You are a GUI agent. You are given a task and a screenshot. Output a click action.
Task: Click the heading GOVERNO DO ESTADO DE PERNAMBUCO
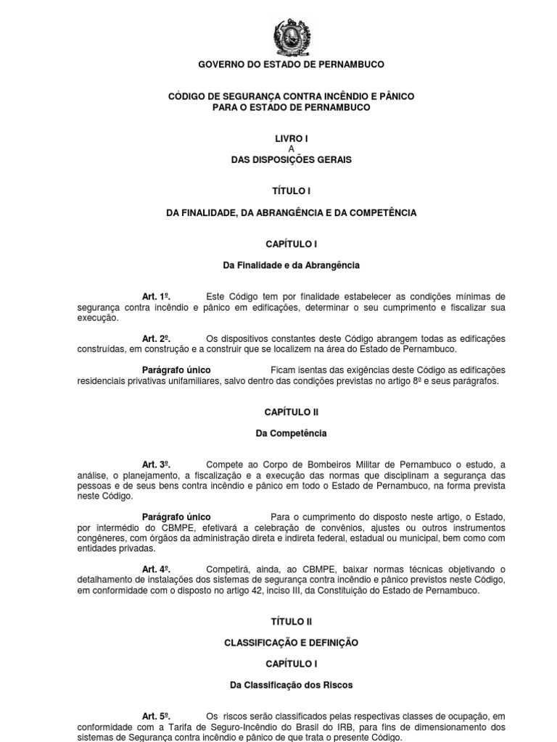(292, 64)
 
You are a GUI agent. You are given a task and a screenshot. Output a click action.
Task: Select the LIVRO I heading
(291, 138)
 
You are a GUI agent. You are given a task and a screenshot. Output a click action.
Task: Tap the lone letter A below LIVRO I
(291, 149)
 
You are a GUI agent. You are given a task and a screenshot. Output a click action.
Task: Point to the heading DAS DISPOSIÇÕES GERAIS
(291, 159)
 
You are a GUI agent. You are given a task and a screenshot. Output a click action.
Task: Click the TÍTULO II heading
(291, 621)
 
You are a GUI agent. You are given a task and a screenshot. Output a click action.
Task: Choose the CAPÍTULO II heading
(291, 412)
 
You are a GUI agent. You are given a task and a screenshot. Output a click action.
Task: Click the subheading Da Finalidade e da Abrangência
(291, 265)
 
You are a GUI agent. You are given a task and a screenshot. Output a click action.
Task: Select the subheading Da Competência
(291, 433)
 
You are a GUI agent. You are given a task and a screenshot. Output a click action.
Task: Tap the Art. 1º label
(155, 296)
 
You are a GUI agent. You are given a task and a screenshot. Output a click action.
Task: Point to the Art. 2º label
(155, 338)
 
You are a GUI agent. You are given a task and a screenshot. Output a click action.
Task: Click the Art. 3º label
(155, 464)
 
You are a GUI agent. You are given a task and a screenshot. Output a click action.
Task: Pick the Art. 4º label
(155, 569)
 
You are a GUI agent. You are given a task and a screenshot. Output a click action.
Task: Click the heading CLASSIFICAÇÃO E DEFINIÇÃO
(291, 642)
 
